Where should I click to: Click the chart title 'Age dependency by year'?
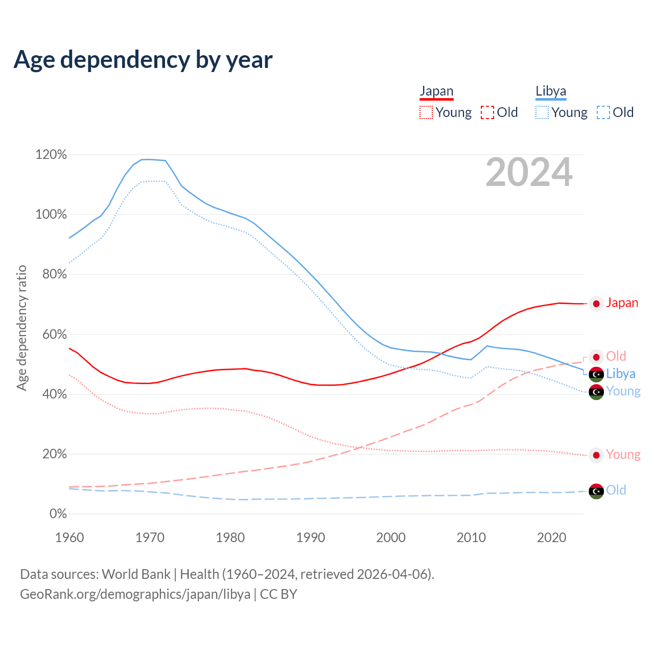tap(143, 60)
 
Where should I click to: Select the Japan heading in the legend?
tap(436, 91)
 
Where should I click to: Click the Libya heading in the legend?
tap(551, 91)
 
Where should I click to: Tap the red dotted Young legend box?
tap(426, 112)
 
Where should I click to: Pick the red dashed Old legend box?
tap(487, 112)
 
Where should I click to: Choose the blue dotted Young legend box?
tap(542, 112)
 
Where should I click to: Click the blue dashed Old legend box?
tap(603, 112)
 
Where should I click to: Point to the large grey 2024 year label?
tap(529, 172)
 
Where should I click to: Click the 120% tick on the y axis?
tap(51, 154)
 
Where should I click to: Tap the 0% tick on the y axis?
tap(58, 514)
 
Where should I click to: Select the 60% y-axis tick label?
tap(51, 334)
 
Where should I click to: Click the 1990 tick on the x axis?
tap(311, 538)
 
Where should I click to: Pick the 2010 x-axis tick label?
tap(471, 538)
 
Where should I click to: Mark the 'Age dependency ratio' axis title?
tap(21, 328)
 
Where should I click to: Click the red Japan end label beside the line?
tap(622, 303)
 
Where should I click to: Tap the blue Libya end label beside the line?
tap(621, 373)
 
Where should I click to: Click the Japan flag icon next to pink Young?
tap(596, 455)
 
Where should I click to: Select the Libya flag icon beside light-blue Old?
tap(596, 491)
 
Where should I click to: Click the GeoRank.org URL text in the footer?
tap(135, 594)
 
